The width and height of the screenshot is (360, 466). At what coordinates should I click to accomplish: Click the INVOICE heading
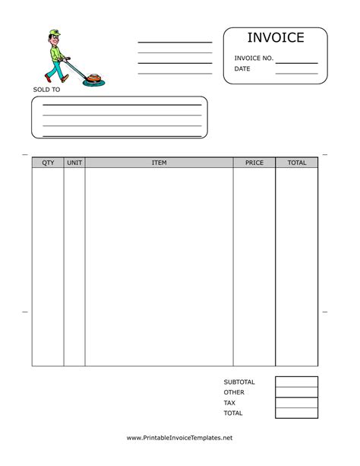click(275, 38)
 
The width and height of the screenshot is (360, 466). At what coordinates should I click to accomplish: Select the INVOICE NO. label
click(254, 58)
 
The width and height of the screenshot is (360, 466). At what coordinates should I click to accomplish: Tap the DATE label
click(242, 69)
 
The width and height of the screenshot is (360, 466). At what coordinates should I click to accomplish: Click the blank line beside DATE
click(296, 72)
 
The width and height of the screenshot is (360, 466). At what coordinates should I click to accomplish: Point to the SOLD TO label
click(46, 90)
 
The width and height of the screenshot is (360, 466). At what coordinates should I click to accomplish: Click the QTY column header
click(48, 163)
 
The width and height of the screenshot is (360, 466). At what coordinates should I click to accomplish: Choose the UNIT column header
click(74, 163)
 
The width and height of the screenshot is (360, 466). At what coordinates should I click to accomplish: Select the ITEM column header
click(159, 163)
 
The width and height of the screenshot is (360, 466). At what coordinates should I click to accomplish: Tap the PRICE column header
click(254, 163)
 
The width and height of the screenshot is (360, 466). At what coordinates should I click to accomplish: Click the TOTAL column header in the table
click(297, 163)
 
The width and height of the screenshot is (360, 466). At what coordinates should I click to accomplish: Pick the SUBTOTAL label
click(239, 382)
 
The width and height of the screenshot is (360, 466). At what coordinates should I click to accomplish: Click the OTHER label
click(234, 392)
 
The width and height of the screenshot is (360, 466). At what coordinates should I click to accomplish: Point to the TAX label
click(229, 403)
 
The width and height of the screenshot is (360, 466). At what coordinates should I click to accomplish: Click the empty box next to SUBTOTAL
click(297, 382)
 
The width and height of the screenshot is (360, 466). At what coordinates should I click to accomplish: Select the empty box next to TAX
click(297, 403)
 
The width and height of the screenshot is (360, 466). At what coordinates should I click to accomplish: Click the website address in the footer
click(179, 438)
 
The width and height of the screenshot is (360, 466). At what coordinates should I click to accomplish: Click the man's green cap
click(52, 33)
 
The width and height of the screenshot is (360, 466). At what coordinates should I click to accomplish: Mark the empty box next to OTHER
click(297, 392)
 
